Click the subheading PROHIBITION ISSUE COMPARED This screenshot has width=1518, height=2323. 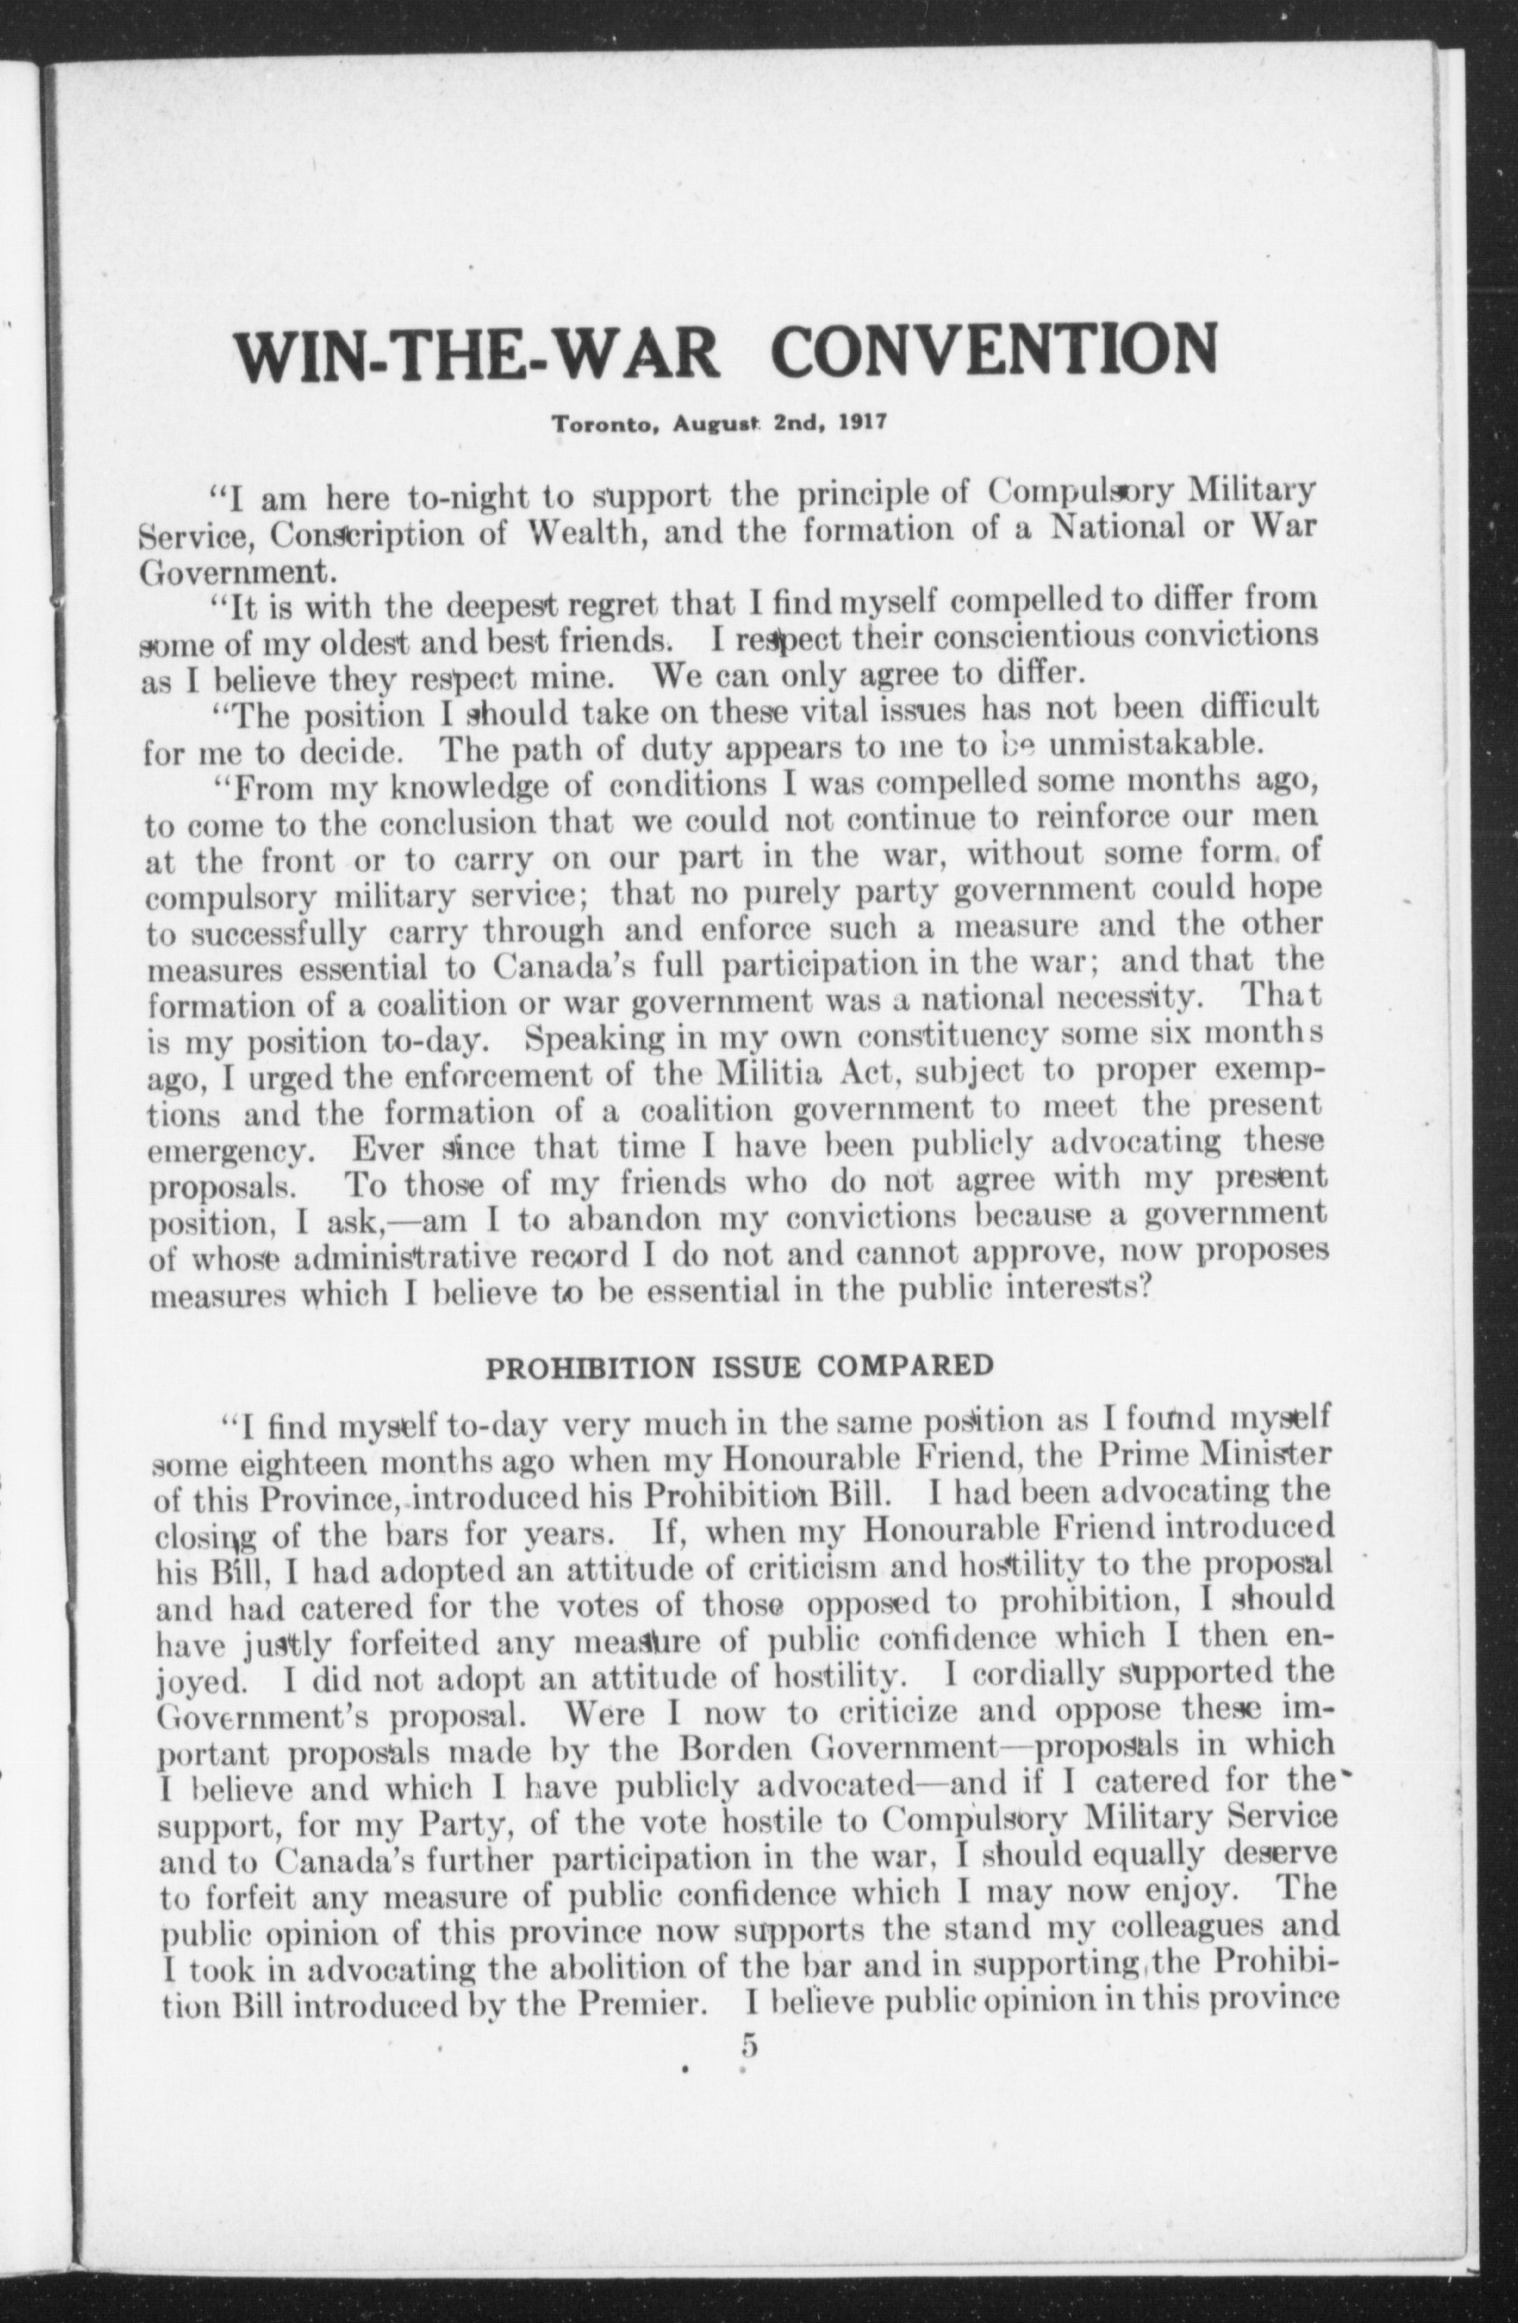(x=740, y=1365)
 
